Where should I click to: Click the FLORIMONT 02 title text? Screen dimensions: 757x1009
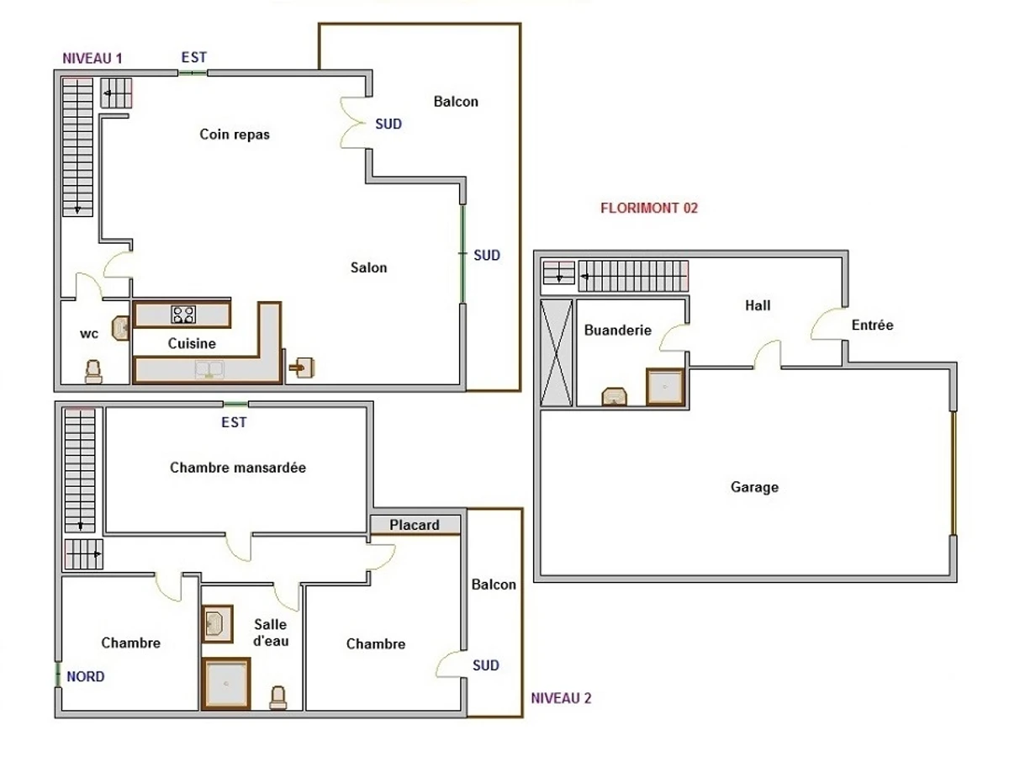click(x=648, y=209)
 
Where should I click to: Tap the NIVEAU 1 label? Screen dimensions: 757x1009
click(x=92, y=58)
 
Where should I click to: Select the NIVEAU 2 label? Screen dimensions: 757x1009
click(x=562, y=697)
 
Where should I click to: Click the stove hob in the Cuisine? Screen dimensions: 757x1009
click(x=183, y=315)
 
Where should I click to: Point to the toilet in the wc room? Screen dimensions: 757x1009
click(x=93, y=371)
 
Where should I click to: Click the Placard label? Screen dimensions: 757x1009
click(x=415, y=525)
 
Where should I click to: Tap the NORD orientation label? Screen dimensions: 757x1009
click(x=85, y=676)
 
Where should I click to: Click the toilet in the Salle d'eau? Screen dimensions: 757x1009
click(x=277, y=697)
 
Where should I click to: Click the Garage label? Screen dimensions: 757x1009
click(x=754, y=487)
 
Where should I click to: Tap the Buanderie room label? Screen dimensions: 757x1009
click(x=617, y=331)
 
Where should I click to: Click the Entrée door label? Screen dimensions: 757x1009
click(x=872, y=325)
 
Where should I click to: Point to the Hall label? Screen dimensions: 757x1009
click(x=757, y=305)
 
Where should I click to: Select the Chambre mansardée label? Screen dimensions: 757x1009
click(x=238, y=468)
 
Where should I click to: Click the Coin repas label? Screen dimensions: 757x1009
click(x=235, y=134)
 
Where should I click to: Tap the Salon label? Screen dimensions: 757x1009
click(x=369, y=267)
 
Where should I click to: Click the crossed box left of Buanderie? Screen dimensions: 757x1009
click(x=556, y=352)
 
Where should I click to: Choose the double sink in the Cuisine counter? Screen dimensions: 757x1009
click(x=207, y=368)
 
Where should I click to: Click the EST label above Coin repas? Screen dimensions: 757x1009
click(x=193, y=57)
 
